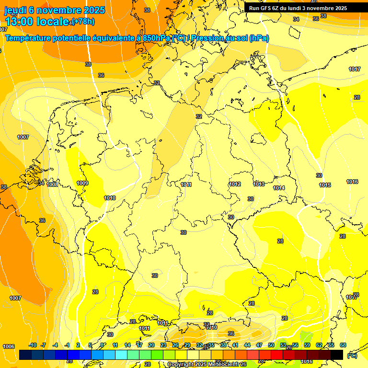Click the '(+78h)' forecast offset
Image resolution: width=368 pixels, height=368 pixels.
click(83, 22)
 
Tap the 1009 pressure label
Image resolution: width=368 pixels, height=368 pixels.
click(82, 183)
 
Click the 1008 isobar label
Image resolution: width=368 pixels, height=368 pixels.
click(53, 184)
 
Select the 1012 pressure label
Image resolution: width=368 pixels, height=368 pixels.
click(235, 184)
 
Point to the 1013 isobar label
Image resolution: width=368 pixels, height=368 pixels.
click(259, 184)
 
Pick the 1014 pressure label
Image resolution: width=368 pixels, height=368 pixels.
click(279, 188)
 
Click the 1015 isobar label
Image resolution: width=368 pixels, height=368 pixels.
click(325, 185)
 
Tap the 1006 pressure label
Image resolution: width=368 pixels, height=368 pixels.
click(9, 346)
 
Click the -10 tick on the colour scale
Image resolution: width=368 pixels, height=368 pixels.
click(33, 345)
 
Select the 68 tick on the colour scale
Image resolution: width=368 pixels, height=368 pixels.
click(343, 345)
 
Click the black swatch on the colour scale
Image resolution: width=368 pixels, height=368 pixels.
click(337, 355)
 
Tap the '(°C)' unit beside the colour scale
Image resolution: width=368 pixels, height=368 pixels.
click(352, 355)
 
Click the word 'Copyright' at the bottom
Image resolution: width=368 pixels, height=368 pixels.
click(181, 364)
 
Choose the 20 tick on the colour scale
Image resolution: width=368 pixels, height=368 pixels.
click(151, 345)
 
